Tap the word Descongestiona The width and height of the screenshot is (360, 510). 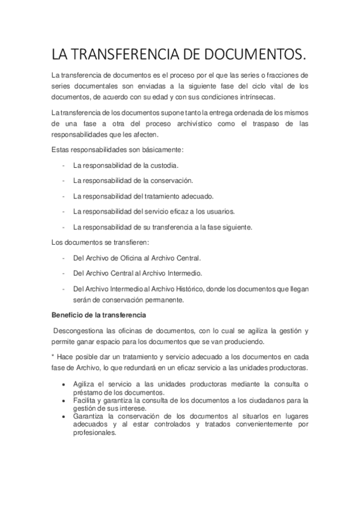coord(81,331)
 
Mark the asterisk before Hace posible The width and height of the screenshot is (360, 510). coord(52,356)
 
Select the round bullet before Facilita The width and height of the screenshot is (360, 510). coord(64,401)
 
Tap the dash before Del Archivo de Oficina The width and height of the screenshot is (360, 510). coord(63,258)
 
